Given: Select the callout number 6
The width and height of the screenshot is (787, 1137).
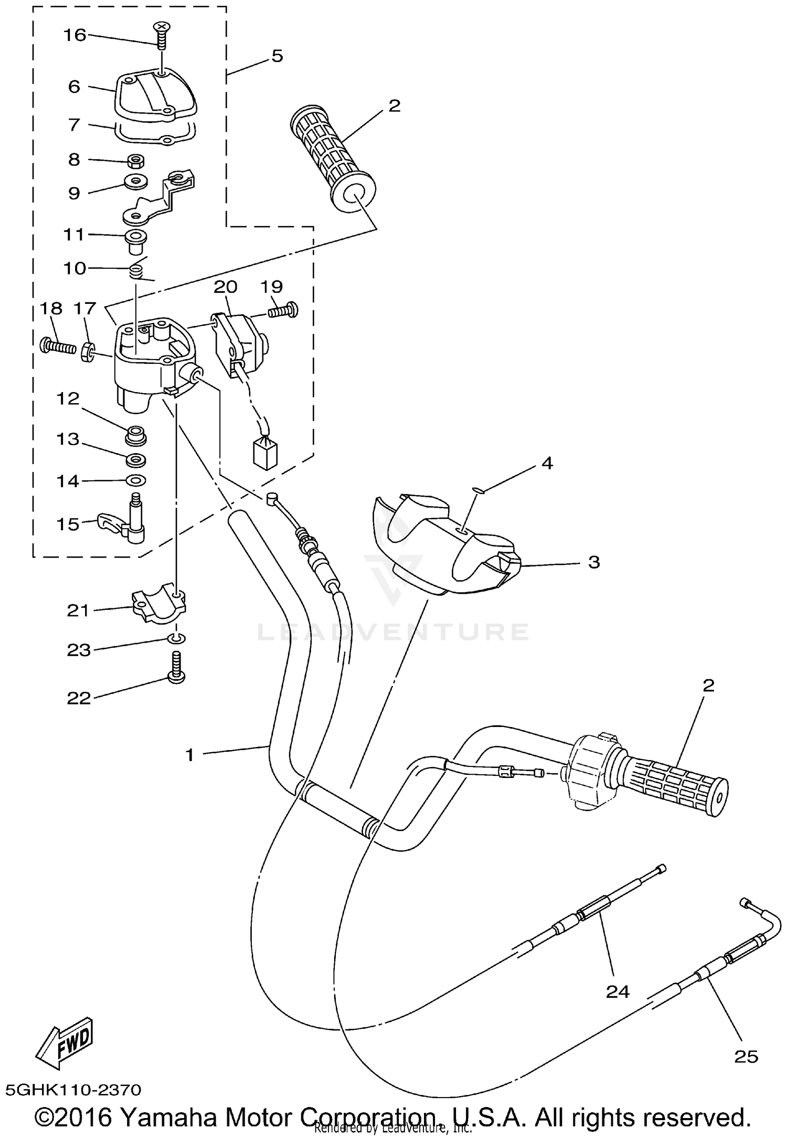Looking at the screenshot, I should (75, 87).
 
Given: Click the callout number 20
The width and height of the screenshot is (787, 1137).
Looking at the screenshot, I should (226, 287).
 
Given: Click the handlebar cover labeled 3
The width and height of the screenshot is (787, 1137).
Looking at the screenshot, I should (446, 546).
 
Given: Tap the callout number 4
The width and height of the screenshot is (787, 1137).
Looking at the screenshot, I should (547, 463).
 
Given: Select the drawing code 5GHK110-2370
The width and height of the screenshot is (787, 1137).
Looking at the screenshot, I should (73, 1090).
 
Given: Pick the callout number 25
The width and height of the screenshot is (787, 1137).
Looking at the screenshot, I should (746, 1056).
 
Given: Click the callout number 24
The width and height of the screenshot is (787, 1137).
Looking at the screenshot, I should (618, 991).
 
